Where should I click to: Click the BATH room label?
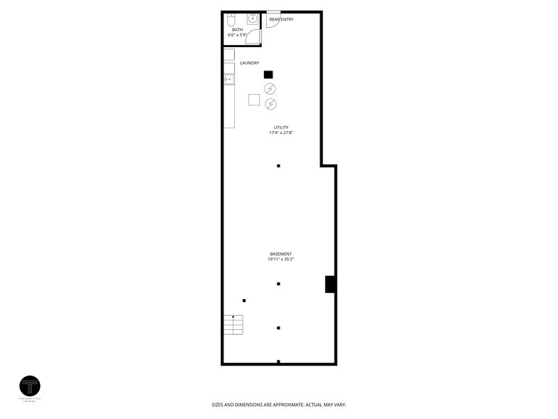[x=237, y=29]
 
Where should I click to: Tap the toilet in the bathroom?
[x=231, y=19]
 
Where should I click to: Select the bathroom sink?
[x=253, y=19]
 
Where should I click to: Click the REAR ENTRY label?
[x=281, y=19]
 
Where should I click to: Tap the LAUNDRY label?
[x=249, y=63]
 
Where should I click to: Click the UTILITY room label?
[x=280, y=128]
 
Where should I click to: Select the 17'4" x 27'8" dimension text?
[x=280, y=133]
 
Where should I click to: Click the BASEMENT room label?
[x=280, y=254]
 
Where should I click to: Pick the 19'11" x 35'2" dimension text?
[x=280, y=260]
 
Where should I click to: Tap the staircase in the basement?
[x=233, y=324]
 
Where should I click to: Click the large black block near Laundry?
[x=268, y=74]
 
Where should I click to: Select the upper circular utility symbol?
[x=270, y=89]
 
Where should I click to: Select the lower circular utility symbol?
[x=270, y=104]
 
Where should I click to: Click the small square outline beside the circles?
[x=254, y=100]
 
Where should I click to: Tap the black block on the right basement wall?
[x=330, y=284]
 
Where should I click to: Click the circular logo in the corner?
[x=30, y=386]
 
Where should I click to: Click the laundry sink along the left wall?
[x=229, y=79]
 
